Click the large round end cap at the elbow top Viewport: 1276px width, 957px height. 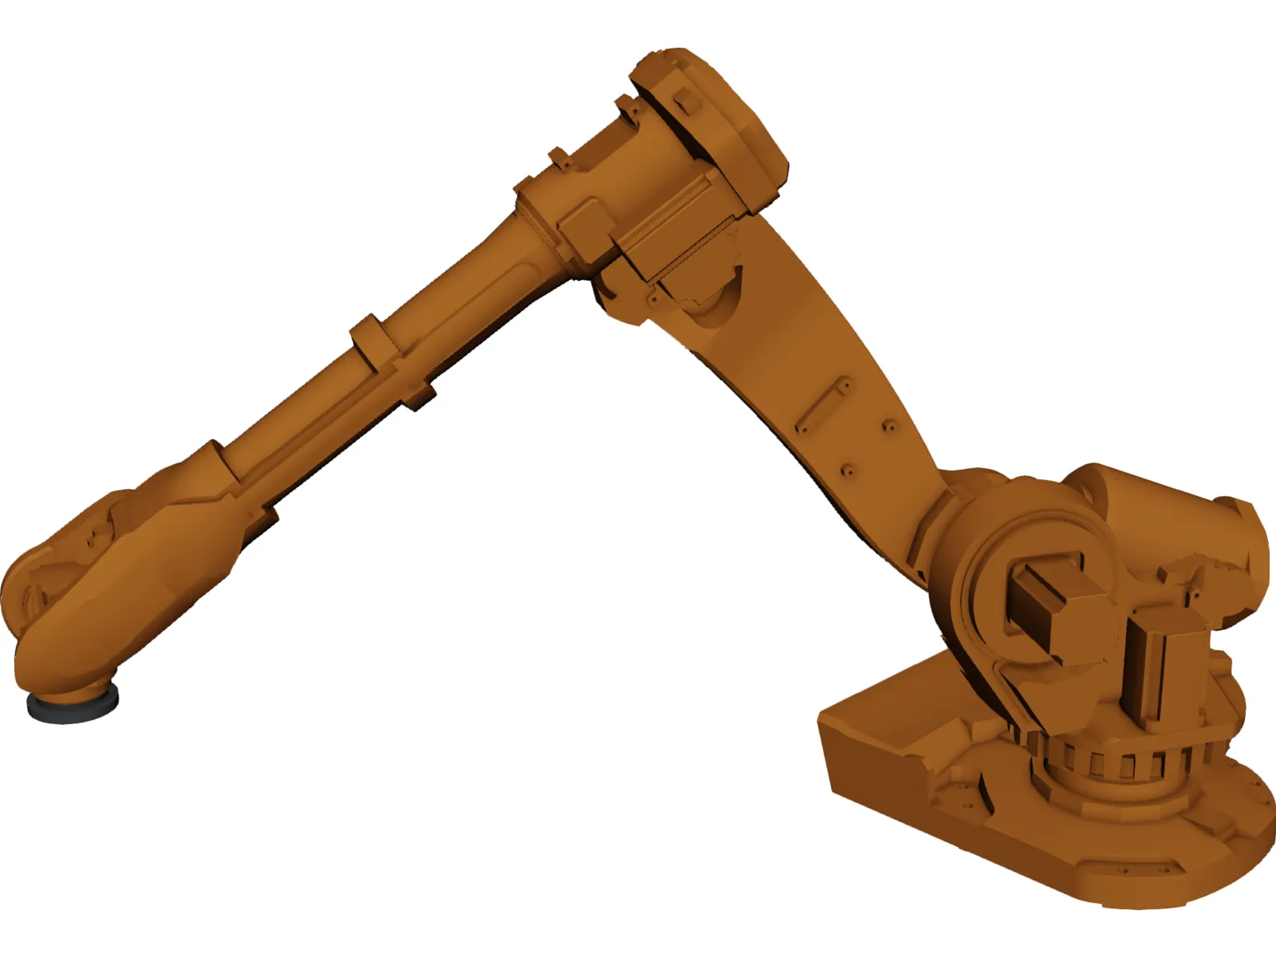[x=718, y=120]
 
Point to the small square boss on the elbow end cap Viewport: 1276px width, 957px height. [x=684, y=100]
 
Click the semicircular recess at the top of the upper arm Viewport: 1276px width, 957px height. [x=714, y=303]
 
